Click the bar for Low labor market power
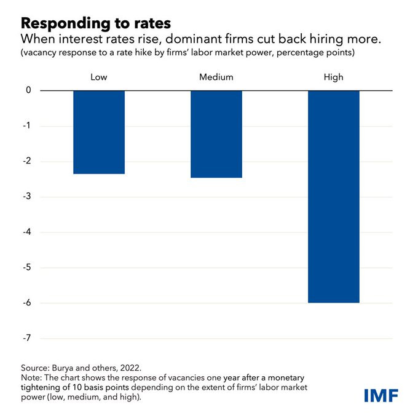point(99,132)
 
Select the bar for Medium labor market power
point(216,134)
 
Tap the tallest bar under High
point(333,197)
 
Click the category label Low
point(99,77)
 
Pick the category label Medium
point(216,77)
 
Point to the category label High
point(333,77)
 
